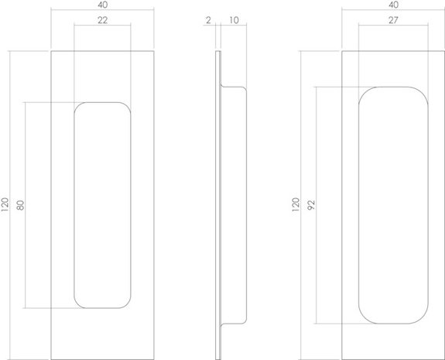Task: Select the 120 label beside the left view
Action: click(6, 205)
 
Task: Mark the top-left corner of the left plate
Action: click(50, 52)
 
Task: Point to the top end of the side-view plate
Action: click(219, 53)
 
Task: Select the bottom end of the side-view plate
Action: click(219, 357)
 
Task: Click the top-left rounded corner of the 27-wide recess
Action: click(364, 92)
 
